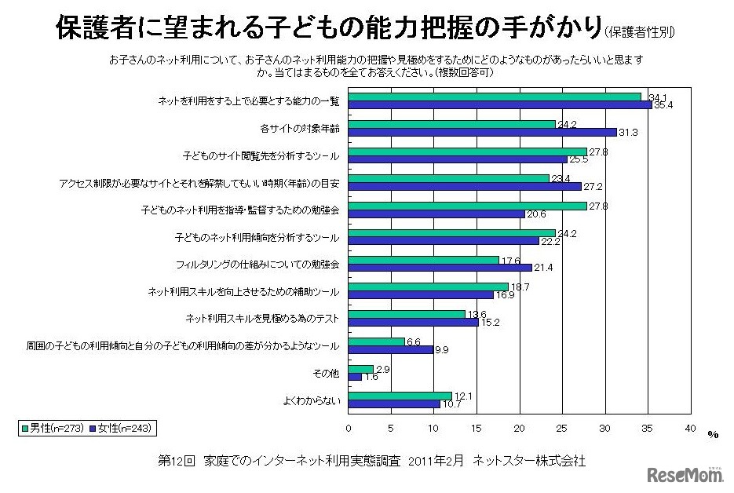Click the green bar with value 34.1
[495, 97]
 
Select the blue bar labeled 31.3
[482, 132]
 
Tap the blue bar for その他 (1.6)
[355, 377]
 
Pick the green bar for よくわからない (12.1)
[400, 396]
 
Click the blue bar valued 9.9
[390, 349]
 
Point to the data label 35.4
[663, 104]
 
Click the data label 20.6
[536, 214]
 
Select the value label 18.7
[520, 287]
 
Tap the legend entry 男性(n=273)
[54, 428]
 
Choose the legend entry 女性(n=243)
[123, 428]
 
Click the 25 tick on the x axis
[561, 429]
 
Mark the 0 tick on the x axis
[349, 429]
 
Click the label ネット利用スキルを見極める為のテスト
[262, 318]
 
